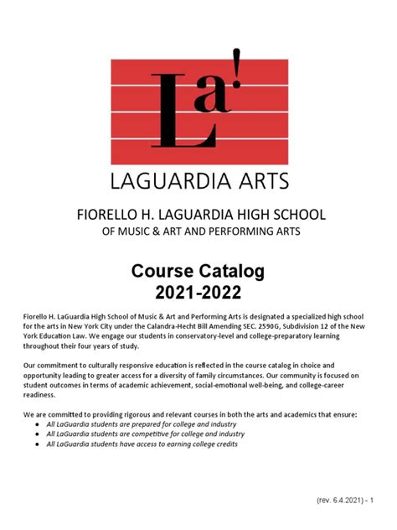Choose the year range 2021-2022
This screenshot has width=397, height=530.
tap(199, 293)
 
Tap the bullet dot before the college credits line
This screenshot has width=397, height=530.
tap(38, 445)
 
